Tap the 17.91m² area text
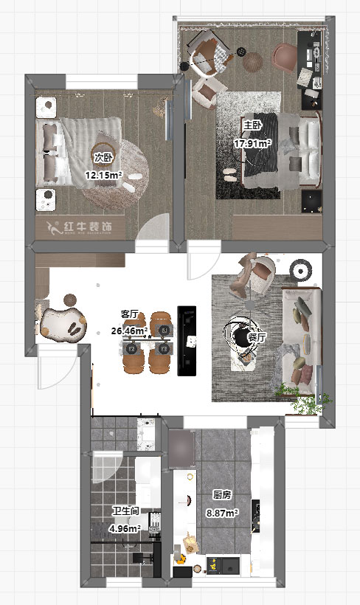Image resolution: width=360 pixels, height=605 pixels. [252, 143]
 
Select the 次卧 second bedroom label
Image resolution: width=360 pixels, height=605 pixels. [103, 157]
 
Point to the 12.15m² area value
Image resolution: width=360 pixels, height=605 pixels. [103, 176]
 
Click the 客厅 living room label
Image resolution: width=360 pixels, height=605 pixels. [130, 314]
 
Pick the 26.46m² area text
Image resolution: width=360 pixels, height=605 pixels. [129, 331]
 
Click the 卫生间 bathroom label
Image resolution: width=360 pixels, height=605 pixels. [125, 511]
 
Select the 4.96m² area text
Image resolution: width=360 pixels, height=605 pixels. [125, 528]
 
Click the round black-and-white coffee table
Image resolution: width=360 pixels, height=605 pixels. [241, 336]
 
